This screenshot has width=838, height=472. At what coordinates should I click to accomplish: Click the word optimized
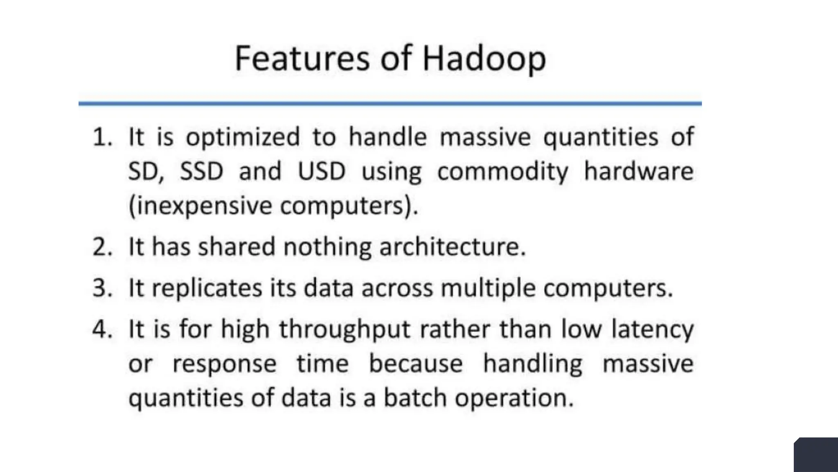pos(243,138)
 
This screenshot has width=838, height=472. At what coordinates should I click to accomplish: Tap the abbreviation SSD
pos(202,171)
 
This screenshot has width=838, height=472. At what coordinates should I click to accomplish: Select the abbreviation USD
pos(322,171)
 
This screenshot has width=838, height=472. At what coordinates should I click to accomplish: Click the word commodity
pos(503,172)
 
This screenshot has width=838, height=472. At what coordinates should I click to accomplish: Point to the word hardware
pos(639,171)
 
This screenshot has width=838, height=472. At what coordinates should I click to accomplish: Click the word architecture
pos(452,247)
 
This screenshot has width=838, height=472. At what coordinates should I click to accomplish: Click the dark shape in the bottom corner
pos(816,455)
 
